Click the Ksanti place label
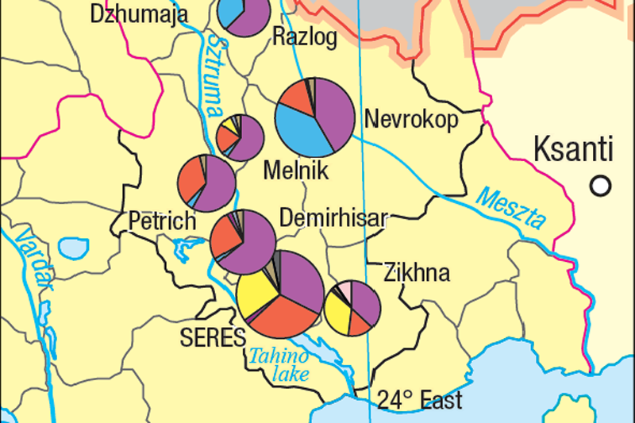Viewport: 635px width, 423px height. coord(573,148)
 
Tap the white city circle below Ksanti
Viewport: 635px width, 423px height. coord(602,185)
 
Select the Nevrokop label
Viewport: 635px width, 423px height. coord(411,120)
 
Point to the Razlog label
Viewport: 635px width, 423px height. coord(304,36)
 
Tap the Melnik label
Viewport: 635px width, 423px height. coord(295,171)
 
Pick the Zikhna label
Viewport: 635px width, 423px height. coord(416,273)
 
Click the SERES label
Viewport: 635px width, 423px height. coord(213,337)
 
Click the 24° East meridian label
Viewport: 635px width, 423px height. coord(419,398)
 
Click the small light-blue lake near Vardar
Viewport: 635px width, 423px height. coord(75,248)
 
